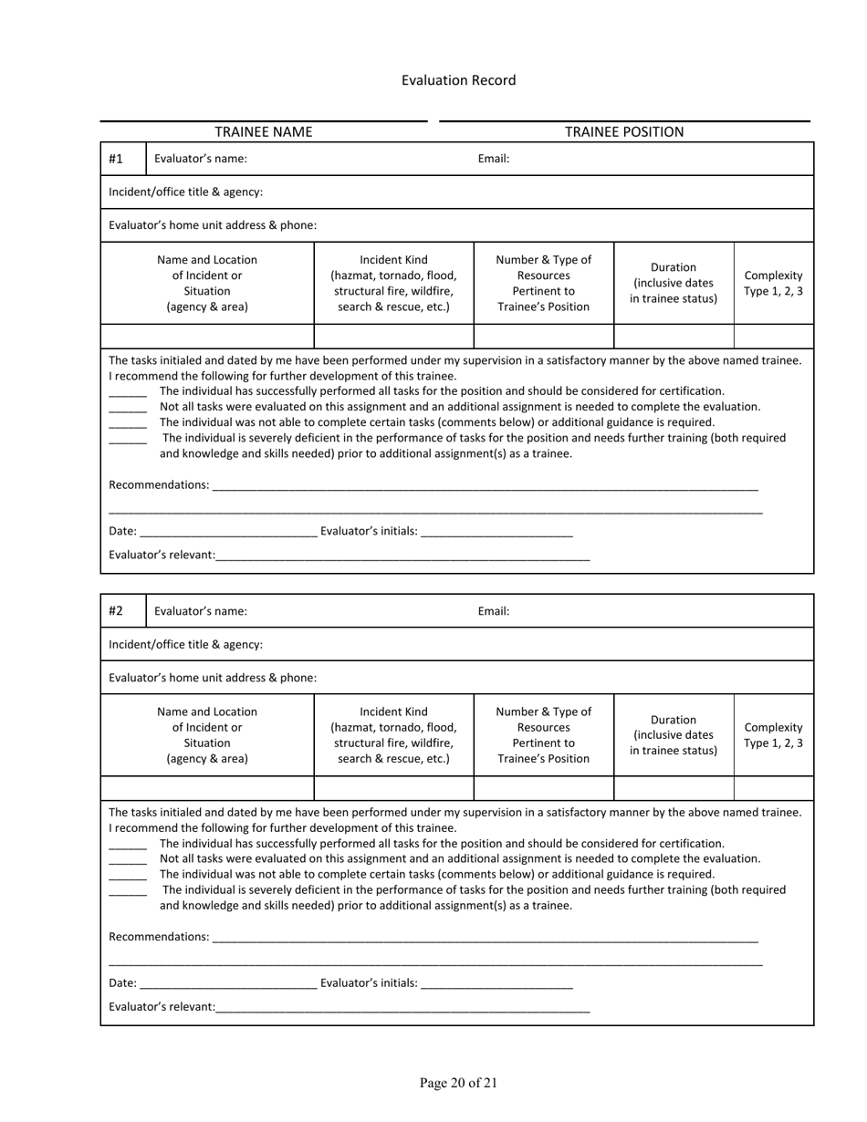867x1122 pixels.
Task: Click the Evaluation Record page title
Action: (458, 80)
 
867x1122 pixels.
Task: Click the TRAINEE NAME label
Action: (263, 131)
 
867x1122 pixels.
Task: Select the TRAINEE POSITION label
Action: (623, 131)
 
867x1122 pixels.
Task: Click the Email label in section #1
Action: (493, 159)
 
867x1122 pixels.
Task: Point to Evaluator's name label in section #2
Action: (200, 611)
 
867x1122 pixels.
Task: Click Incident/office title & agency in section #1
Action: (185, 192)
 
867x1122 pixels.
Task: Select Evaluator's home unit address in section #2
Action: (213, 678)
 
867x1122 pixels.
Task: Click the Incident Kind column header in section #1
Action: (393, 283)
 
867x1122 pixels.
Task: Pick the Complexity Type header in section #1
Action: (773, 283)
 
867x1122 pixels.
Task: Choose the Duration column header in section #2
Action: (674, 735)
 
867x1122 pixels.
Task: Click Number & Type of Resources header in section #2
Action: (543, 735)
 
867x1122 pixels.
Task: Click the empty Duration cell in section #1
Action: (674, 336)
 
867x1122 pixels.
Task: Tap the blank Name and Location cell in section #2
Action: (207, 788)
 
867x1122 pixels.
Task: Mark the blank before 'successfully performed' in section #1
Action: (128, 392)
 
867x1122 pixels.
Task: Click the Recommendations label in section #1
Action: (159, 484)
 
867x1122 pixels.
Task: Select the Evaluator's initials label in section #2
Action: (369, 982)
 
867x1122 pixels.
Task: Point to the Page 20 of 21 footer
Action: (458, 1083)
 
